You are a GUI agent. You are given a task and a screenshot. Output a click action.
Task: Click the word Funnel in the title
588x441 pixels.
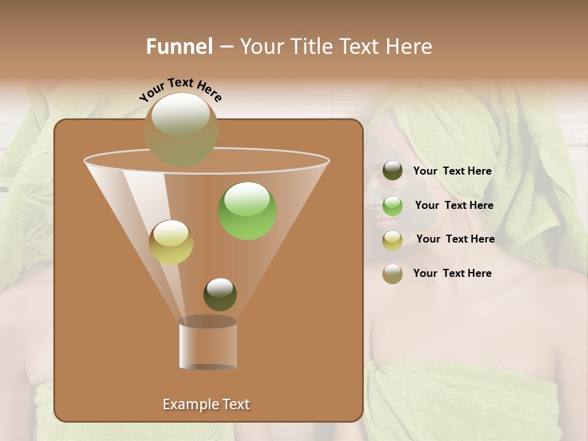click(x=179, y=47)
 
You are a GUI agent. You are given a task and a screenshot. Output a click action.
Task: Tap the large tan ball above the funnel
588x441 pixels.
click(x=181, y=129)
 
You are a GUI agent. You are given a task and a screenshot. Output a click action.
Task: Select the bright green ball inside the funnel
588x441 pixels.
click(x=247, y=210)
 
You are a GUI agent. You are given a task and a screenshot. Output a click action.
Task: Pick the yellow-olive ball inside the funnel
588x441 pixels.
click(x=171, y=242)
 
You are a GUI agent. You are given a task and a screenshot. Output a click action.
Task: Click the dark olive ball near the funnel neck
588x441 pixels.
click(x=220, y=294)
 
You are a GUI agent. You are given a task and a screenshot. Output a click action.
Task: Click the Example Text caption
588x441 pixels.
click(x=206, y=404)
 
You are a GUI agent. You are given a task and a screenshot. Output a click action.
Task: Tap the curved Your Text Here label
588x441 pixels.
click(x=181, y=89)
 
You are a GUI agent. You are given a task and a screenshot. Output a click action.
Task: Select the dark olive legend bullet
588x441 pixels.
click(x=393, y=171)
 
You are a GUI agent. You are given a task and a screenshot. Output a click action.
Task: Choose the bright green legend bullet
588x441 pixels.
click(x=393, y=206)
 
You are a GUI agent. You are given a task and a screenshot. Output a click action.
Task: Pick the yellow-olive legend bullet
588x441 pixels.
click(x=393, y=240)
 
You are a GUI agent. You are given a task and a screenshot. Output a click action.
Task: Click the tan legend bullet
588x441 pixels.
click(x=393, y=274)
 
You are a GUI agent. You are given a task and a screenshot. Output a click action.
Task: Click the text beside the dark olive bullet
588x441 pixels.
click(x=452, y=171)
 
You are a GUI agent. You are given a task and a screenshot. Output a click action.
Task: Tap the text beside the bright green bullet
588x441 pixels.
click(x=454, y=206)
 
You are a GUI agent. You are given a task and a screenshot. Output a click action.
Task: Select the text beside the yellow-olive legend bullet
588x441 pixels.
click(x=455, y=239)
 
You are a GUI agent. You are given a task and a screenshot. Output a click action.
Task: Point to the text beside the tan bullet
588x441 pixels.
click(x=452, y=273)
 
